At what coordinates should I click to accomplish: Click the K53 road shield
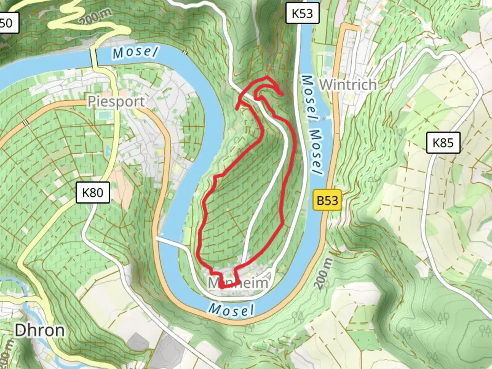[302, 13]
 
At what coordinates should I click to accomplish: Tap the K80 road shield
[93, 193]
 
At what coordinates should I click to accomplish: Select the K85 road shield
[443, 142]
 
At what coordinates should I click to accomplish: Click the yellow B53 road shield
[327, 200]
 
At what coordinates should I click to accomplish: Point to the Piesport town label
[116, 101]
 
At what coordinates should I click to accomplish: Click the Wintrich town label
[348, 84]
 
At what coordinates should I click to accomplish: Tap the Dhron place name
[40, 330]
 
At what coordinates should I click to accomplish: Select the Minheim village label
[238, 283]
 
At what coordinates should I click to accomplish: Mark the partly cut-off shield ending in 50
[8, 23]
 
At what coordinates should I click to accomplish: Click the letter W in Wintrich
[326, 84]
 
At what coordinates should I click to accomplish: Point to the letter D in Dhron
[20, 330]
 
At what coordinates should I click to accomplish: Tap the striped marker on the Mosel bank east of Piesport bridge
[185, 53]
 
